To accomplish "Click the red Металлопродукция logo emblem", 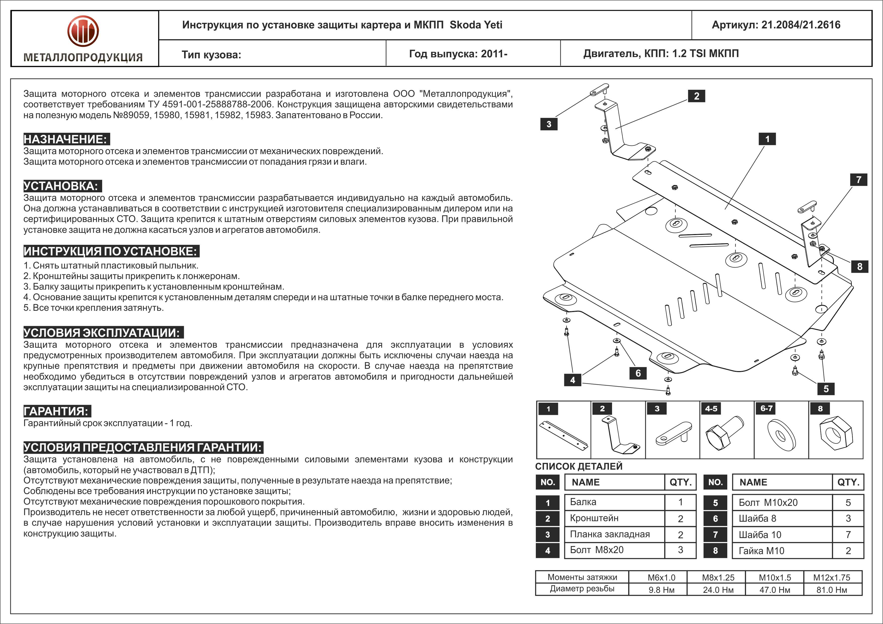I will [x=83, y=31].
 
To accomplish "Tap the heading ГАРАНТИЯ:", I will [x=57, y=411].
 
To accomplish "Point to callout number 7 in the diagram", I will [x=858, y=180].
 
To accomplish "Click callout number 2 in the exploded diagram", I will [x=697, y=96].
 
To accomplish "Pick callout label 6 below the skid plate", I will [x=638, y=373].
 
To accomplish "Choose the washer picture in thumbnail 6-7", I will [x=781, y=435].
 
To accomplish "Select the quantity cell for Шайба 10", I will [x=848, y=534].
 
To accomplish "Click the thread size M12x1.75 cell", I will [x=831, y=577].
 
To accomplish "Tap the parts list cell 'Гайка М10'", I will [x=761, y=551].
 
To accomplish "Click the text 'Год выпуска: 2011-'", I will [x=458, y=54].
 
